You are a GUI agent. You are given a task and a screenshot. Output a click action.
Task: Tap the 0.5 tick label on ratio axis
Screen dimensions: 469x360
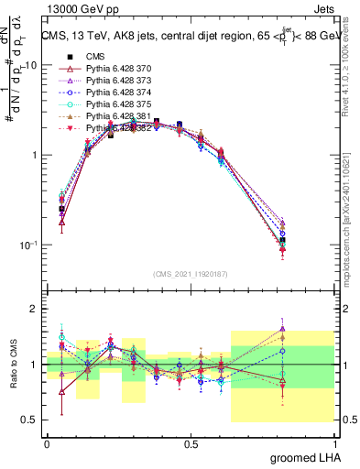coord(30,420)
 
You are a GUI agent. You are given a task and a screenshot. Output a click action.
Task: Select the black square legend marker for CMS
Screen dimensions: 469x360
coord(64,57)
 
